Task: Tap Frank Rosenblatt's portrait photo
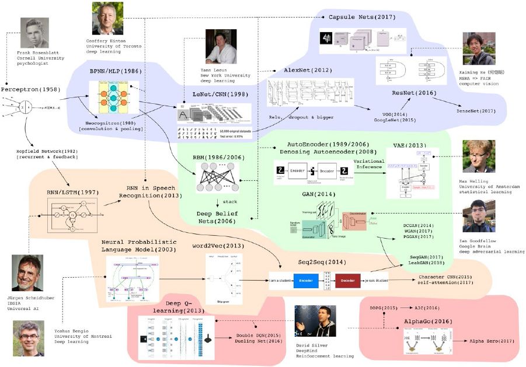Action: click(x=33, y=33)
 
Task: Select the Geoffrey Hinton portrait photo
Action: click(x=107, y=18)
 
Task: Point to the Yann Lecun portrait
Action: click(x=221, y=46)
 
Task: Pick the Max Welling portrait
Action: click(x=478, y=156)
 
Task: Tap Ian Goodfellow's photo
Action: click(x=478, y=215)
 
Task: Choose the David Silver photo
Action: click(x=315, y=320)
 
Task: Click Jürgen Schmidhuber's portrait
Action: click(x=27, y=272)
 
